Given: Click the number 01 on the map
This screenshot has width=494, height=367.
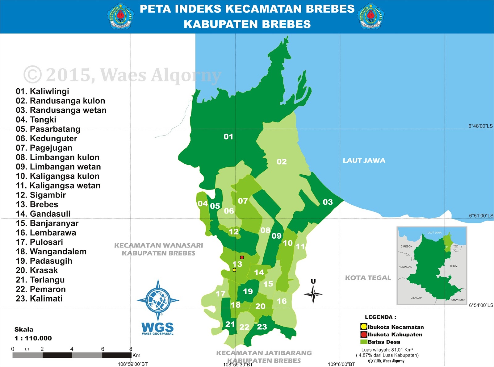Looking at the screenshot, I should [x=228, y=137].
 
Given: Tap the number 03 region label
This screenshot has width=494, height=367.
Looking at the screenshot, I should [x=328, y=202].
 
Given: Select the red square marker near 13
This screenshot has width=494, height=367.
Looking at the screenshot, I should [x=242, y=257].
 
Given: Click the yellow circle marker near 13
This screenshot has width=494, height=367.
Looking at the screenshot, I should [x=234, y=270].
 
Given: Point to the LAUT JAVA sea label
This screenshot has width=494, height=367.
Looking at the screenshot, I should [x=364, y=161].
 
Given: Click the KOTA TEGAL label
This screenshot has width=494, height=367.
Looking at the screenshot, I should [x=368, y=278].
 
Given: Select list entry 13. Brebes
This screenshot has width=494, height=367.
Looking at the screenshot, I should [x=37, y=204].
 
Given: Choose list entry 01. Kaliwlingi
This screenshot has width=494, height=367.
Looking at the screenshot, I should [x=42, y=91].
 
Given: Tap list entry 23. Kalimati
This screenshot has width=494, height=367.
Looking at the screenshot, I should [x=39, y=298].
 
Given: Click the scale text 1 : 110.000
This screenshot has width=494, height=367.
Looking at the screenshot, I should [x=33, y=338].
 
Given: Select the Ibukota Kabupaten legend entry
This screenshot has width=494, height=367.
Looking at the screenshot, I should [x=391, y=335].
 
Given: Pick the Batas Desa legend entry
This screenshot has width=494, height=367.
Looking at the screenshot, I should [x=380, y=342].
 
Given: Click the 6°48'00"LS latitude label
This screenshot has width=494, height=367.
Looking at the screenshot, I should [x=480, y=126].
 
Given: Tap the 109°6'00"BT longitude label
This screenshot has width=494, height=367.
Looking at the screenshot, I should [x=341, y=364].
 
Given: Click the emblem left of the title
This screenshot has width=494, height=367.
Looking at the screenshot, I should [x=120, y=16].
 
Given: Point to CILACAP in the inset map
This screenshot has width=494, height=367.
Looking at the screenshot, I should [x=416, y=298].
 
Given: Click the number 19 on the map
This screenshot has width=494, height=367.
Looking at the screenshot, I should [x=248, y=291].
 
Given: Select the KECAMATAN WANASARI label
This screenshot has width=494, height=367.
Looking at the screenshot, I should [x=158, y=246].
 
